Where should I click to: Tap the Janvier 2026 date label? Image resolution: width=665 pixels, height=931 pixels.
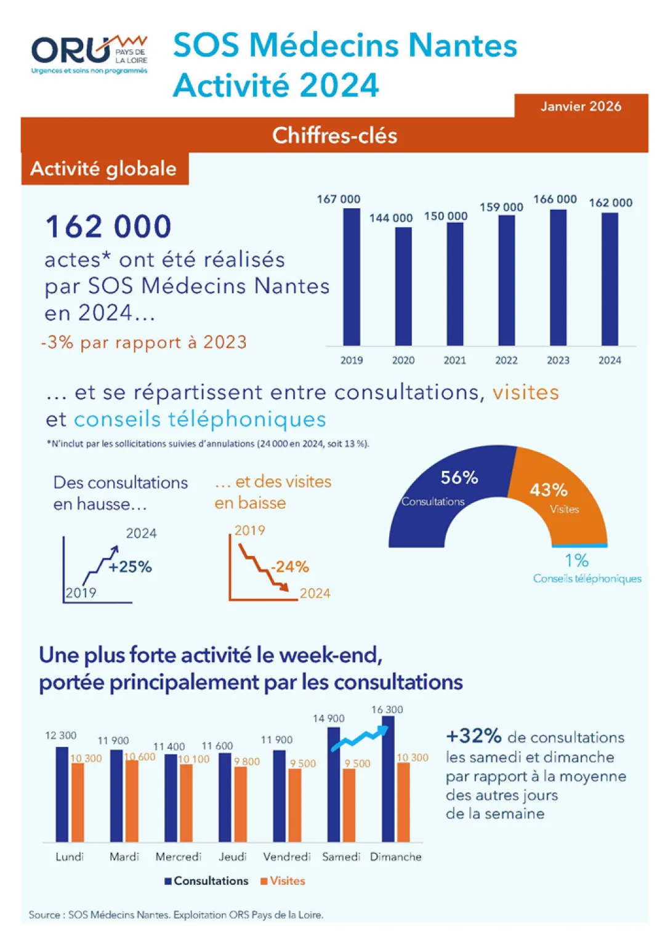[581, 107]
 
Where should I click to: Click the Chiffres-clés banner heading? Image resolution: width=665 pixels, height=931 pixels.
[334, 135]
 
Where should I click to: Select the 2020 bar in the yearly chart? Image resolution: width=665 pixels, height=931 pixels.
[403, 286]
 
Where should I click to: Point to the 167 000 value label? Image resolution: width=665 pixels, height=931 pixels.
[338, 199]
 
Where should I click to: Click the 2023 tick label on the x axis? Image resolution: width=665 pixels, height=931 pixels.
[558, 360]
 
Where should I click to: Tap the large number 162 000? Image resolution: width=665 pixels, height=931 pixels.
[108, 227]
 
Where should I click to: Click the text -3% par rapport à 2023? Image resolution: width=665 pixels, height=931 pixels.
[144, 342]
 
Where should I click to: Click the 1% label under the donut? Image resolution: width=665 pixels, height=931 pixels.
[576, 560]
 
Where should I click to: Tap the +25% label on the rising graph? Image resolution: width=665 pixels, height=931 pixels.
[130, 566]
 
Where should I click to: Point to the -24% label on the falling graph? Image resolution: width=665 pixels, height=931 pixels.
[289, 566]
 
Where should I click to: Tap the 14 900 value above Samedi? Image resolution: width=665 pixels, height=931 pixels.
[328, 719]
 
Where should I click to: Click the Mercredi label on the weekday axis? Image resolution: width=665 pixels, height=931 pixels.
[178, 856]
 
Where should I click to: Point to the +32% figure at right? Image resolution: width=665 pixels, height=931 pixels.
[474, 736]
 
